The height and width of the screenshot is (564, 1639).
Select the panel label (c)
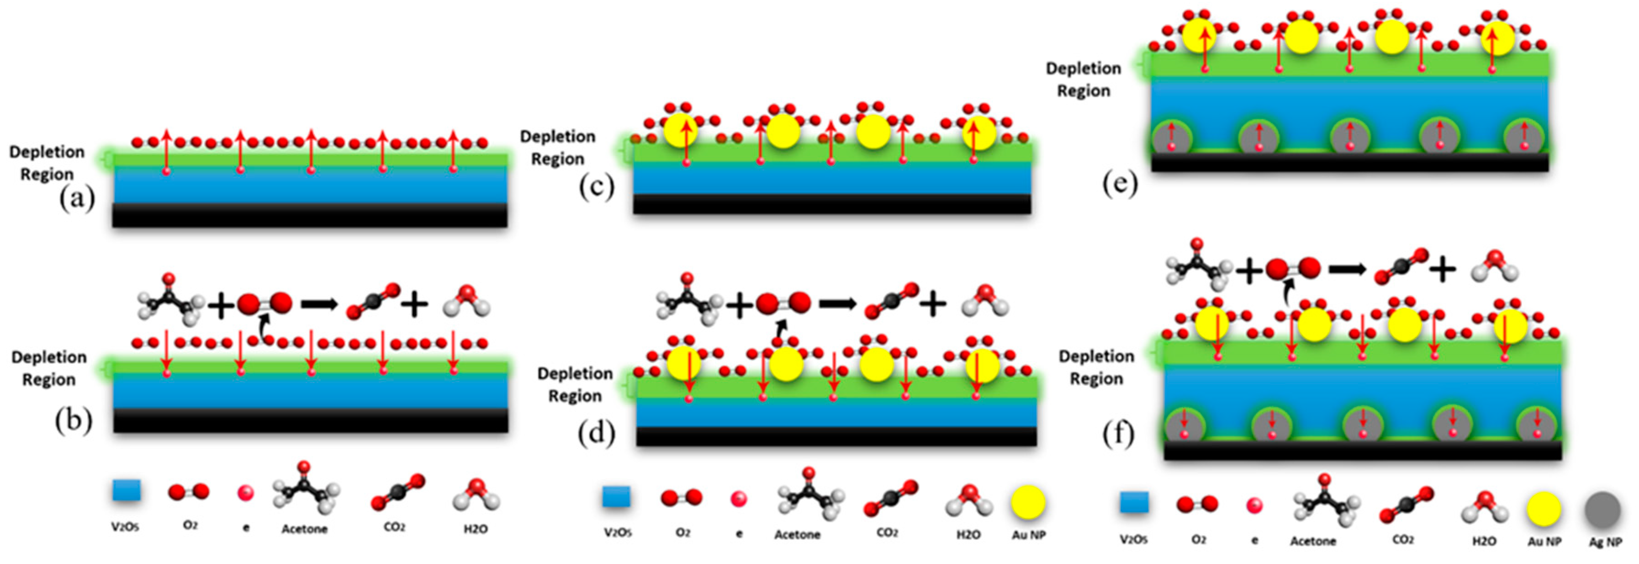point(596,187)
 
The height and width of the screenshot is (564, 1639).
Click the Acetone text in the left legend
point(304,529)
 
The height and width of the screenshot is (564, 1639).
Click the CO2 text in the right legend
point(1402,540)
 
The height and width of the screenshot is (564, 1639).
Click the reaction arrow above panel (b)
point(319,305)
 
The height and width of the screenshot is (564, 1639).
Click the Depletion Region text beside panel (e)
point(1083,80)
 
